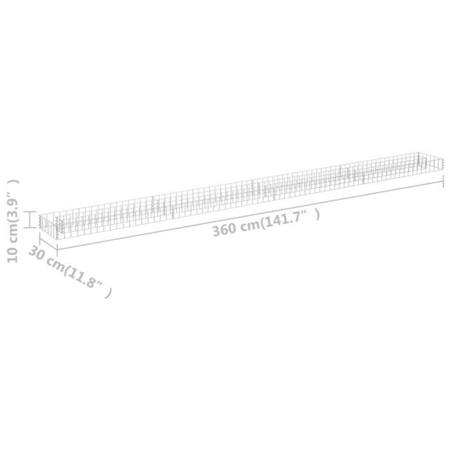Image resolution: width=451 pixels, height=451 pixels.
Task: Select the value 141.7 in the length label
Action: pos(287,218)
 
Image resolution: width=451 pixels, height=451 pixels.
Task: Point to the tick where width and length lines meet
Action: pos(57,249)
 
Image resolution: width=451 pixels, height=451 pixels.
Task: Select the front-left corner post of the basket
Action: pos(58,227)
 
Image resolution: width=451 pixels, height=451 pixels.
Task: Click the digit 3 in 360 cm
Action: pos(217,231)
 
